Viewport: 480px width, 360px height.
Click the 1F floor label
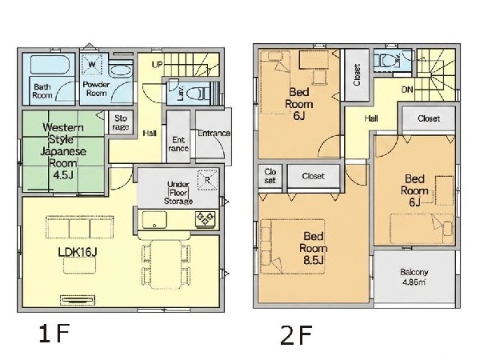pyautogui.click(x=54, y=334)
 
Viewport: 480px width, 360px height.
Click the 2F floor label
pyautogui.click(x=296, y=335)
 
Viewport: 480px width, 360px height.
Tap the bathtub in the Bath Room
pyautogui.click(x=50, y=65)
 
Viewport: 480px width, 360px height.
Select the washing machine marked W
pyautogui.click(x=91, y=64)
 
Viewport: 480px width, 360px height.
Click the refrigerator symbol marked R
pyautogui.click(x=207, y=180)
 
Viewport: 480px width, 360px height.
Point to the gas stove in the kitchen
pyautogui.click(x=205, y=219)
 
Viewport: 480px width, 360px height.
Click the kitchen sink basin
pyautogui.click(x=154, y=220)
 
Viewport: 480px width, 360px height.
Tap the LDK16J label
pyautogui.click(x=78, y=252)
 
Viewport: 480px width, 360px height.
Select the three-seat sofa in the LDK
pyautogui.click(x=79, y=227)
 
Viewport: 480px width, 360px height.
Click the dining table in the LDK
pyautogui.click(x=166, y=265)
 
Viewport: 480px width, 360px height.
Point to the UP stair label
pyautogui.click(x=158, y=65)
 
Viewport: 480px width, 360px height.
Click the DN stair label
pyautogui.click(x=407, y=90)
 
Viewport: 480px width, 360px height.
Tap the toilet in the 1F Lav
pyautogui.click(x=198, y=93)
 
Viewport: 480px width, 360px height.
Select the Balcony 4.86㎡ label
pyautogui.click(x=414, y=277)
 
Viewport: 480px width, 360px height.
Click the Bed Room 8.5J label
pyautogui.click(x=314, y=248)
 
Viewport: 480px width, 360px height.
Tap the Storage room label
pyautogui.click(x=121, y=122)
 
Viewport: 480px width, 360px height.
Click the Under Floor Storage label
pyautogui.click(x=178, y=193)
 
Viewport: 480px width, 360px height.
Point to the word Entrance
pyautogui.click(x=214, y=133)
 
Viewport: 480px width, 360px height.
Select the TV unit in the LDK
pyautogui.click(x=78, y=300)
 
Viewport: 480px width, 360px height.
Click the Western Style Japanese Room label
pyautogui.click(x=63, y=151)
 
